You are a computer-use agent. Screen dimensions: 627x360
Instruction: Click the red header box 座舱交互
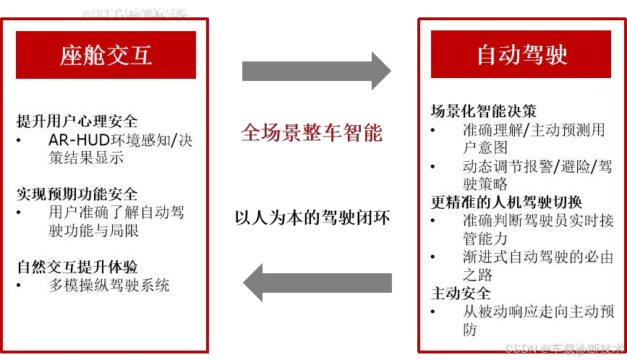(106, 55)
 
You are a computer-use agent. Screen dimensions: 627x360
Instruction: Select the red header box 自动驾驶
(521, 55)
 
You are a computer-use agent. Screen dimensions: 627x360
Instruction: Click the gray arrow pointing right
(316, 71)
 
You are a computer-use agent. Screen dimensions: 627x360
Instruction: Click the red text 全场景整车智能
(312, 133)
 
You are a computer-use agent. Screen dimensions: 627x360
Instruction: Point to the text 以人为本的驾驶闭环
(312, 217)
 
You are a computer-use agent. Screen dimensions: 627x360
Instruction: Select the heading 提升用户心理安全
(77, 121)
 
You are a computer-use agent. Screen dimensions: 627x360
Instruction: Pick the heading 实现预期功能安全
(77, 194)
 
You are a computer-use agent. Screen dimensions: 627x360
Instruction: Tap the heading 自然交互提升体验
(77, 267)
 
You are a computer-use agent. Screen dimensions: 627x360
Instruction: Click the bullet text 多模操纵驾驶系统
(108, 285)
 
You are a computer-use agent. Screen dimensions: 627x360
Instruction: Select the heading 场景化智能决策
(483, 111)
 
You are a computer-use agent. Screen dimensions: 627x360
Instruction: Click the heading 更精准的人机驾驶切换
(506, 202)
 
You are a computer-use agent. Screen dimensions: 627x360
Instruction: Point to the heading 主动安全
(460, 293)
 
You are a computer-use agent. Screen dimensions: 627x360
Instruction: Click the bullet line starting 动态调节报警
(537, 166)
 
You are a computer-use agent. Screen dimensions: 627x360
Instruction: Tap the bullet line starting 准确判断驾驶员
(537, 220)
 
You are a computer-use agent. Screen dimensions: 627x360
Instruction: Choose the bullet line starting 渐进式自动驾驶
(537, 257)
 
